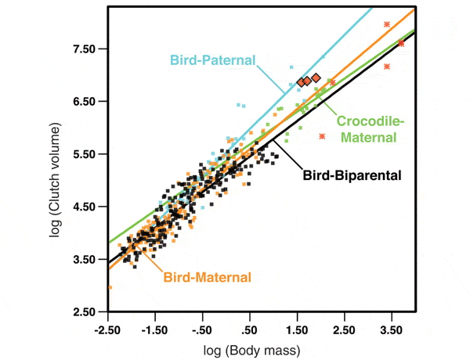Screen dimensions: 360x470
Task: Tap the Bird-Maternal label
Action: (207, 277)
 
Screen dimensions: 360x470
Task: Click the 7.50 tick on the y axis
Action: (84, 49)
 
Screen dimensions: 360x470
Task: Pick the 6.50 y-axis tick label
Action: (84, 102)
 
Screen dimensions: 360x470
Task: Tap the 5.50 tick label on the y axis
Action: (84, 154)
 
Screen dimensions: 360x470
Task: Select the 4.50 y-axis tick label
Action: (84, 207)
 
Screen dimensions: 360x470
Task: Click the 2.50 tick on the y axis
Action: (84, 312)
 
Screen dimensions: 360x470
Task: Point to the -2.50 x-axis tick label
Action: (109, 329)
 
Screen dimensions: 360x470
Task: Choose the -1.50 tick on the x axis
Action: (156, 329)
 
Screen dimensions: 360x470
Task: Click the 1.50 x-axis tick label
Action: (297, 329)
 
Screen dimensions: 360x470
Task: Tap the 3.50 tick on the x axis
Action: (391, 329)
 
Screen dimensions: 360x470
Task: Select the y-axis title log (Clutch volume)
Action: (56, 180)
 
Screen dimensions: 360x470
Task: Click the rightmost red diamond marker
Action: (316, 77)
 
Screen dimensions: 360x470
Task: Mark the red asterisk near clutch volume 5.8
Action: (322, 137)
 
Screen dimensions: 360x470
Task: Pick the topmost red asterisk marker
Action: (387, 24)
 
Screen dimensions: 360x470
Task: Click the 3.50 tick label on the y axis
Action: (84, 260)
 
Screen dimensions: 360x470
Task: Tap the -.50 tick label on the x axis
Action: (203, 329)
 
